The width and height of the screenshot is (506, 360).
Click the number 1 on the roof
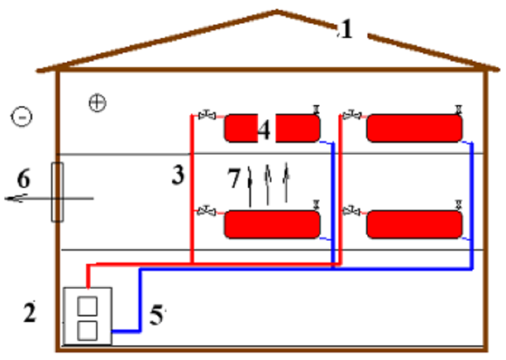point(347,29)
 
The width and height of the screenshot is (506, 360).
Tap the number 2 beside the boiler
point(30,312)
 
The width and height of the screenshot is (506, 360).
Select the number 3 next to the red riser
point(178,175)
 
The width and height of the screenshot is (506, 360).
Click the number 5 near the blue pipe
point(156,315)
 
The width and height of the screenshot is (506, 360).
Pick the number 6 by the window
point(23,178)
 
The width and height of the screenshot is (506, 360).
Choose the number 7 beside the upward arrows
point(234,178)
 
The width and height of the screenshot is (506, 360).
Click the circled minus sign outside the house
point(22,116)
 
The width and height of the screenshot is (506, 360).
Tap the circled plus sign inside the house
point(97,103)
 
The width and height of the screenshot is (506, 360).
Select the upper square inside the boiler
point(87,306)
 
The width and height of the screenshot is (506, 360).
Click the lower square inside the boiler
point(87,331)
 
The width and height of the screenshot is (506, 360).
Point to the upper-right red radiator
point(414,128)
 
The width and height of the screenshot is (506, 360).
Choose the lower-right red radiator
point(414,225)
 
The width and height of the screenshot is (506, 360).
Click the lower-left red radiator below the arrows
point(272,225)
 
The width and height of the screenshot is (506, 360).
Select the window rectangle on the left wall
point(57,192)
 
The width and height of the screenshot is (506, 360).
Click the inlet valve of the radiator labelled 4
point(207,115)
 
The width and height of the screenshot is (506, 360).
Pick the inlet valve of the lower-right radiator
point(351,211)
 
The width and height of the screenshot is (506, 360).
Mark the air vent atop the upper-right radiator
point(458,110)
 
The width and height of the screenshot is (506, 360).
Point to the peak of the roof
point(276,11)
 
